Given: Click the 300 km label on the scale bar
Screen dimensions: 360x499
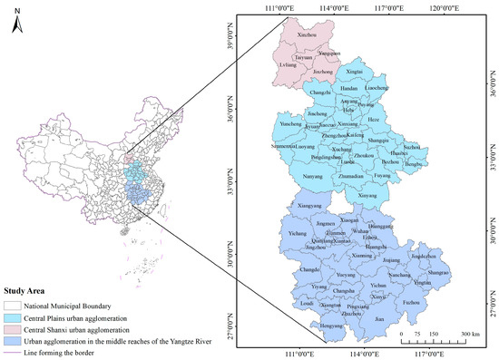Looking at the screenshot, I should [469, 335].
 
